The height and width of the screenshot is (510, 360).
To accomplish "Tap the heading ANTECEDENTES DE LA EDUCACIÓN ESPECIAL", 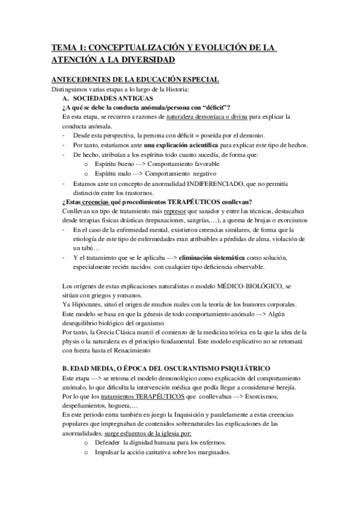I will click(x=127, y=80).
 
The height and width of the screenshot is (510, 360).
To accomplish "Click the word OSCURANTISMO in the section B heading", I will click(x=178, y=367).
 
